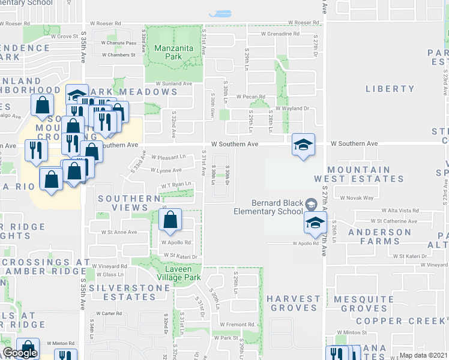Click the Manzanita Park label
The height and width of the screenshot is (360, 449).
click(x=167, y=52)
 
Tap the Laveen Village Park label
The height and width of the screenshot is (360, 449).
click(x=179, y=274)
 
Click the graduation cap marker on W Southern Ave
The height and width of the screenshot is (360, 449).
click(x=304, y=145)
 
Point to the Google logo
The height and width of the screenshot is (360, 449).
click(x=20, y=353)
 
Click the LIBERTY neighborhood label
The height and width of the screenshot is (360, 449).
click(x=390, y=89)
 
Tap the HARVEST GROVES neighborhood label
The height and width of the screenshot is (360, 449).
click(x=294, y=303)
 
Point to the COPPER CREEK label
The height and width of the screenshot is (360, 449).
click(x=411, y=321)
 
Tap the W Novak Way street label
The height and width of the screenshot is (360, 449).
click(x=357, y=197)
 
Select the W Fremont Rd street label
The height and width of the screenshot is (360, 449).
click(x=238, y=325)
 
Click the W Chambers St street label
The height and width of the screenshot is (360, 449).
click(x=119, y=55)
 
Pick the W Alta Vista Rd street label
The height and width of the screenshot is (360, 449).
click(x=400, y=211)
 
